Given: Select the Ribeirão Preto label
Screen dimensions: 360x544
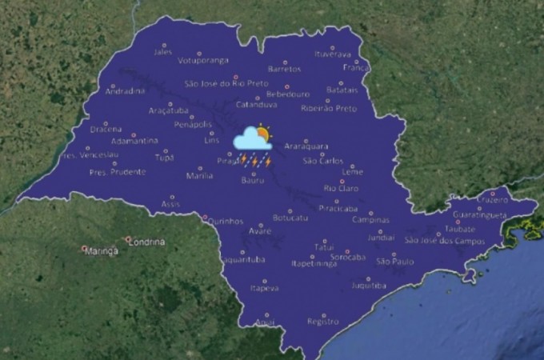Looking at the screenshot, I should coord(329,108).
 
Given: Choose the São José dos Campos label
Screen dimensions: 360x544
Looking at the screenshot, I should coord(446,239).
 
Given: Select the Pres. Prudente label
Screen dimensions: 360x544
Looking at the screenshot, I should coord(118,172).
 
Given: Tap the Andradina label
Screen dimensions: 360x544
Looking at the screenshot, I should coord(125,91).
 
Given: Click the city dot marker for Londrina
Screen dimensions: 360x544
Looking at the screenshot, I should coord(127,238).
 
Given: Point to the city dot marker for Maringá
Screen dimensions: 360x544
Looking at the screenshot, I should coord(84,248).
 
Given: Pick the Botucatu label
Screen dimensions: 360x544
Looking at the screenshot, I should coord(290,217).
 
